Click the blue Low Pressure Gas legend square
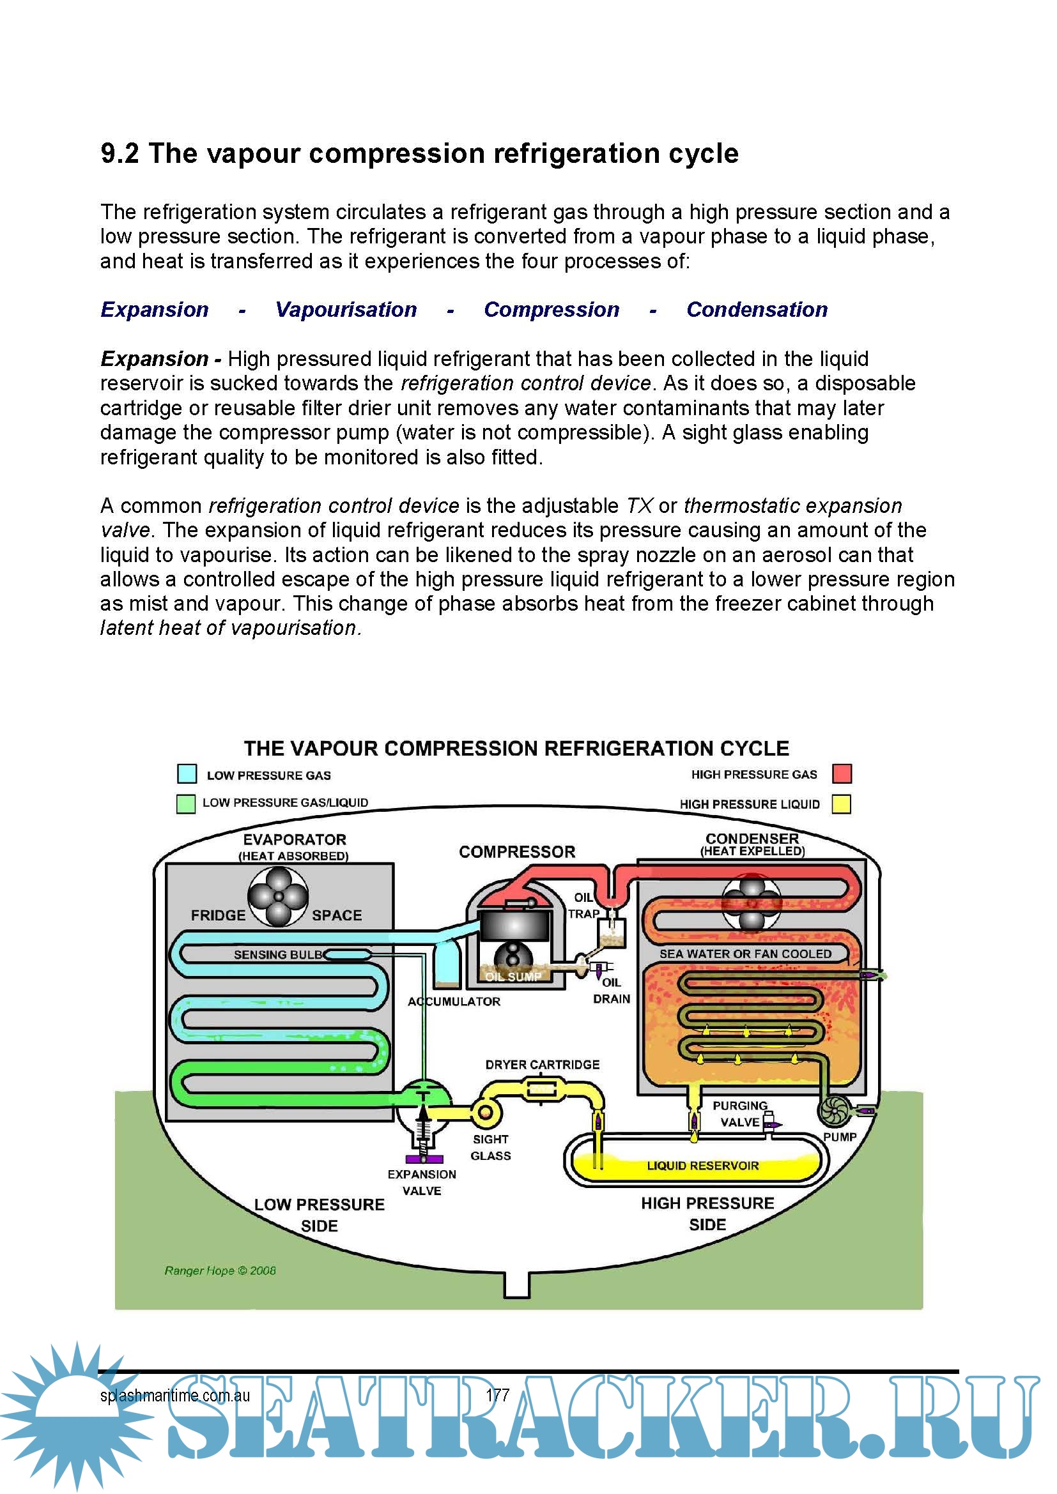pyautogui.click(x=187, y=774)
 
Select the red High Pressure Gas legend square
pyautogui.click(x=842, y=773)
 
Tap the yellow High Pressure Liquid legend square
pyautogui.click(x=842, y=804)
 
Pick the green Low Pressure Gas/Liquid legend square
pyautogui.click(x=186, y=804)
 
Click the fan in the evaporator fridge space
pyautogui.click(x=278, y=896)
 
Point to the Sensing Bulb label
pyautogui.click(x=278, y=954)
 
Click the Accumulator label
pyautogui.click(x=454, y=1002)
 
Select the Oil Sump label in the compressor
pyautogui.click(x=513, y=977)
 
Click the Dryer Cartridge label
pyautogui.click(x=542, y=1065)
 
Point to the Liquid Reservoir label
pyautogui.click(x=702, y=1166)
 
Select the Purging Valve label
pyautogui.click(x=740, y=1113)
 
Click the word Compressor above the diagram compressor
pyautogui.click(x=517, y=852)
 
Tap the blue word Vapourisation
pyautogui.click(x=346, y=309)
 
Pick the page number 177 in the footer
pyautogui.click(x=497, y=1395)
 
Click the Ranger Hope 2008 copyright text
pyautogui.click(x=220, y=1270)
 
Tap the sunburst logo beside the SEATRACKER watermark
pyautogui.click(x=75, y=1412)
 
